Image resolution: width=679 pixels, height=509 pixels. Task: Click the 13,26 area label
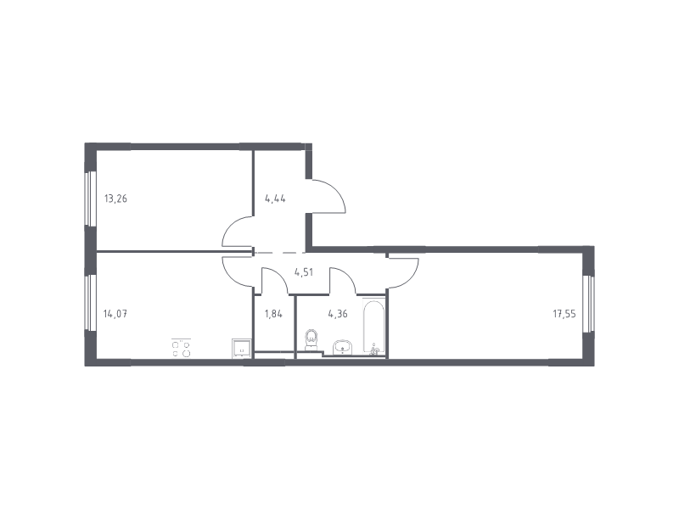pos(115,199)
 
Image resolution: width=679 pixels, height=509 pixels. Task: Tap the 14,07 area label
pos(115,314)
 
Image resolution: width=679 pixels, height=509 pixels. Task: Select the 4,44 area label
pos(275,199)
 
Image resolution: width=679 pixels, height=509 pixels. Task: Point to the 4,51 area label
pos(304,272)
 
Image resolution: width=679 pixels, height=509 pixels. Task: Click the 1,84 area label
pos(273,314)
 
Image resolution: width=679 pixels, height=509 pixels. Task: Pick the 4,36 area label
pos(338,314)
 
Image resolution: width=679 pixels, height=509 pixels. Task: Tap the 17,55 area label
pos(564,314)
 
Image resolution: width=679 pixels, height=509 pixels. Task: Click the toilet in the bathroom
pos(311,340)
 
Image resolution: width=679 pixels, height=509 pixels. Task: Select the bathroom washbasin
pos(343,347)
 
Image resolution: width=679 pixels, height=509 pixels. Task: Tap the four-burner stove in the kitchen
pos(181,349)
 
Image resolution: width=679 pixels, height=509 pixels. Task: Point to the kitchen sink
pos(241,349)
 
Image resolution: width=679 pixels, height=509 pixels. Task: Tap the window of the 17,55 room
pos(588,304)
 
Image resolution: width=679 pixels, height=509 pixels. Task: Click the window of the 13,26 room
pos(90,199)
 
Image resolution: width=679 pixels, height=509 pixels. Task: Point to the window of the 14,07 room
pos(90,304)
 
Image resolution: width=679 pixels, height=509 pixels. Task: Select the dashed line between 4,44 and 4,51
pos(280,252)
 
